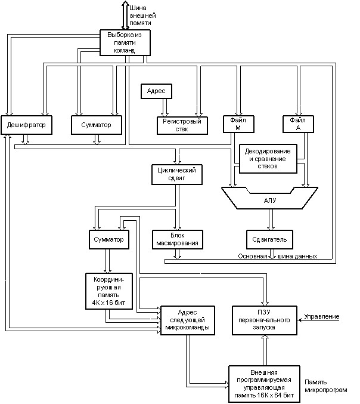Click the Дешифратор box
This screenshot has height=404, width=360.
(26, 125)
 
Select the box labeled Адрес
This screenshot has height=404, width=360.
(156, 91)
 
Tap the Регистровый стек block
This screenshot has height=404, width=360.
(182, 125)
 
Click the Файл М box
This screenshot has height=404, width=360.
(238, 124)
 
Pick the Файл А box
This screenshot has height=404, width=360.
(298, 124)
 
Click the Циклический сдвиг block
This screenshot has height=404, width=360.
(177, 174)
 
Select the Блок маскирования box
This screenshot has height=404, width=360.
(178, 240)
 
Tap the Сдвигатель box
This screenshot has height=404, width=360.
(269, 240)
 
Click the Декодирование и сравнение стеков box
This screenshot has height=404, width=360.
(268, 159)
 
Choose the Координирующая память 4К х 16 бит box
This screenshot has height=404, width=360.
(109, 291)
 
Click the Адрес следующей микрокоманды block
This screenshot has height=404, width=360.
(188, 320)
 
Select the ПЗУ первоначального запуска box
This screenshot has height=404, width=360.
(265, 320)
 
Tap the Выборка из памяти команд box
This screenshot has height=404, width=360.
(125, 42)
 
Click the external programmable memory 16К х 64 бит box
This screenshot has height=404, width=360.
(264, 384)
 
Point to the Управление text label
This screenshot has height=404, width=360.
(322, 316)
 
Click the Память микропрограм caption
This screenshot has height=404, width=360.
(326, 386)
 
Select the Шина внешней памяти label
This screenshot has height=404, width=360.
(142, 16)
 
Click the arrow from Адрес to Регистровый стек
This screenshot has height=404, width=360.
(165, 107)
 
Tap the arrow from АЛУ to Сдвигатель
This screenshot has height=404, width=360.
(271, 220)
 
